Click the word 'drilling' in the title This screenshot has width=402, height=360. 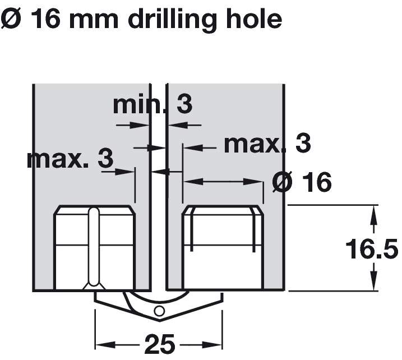point(172,20)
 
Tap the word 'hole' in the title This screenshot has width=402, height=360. point(253,19)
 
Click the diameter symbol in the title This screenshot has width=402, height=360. point(10,19)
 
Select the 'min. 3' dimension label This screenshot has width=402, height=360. point(153,104)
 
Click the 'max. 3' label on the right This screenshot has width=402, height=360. point(267,144)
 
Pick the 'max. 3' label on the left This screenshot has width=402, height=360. point(70,159)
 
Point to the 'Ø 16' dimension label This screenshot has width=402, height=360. point(302,182)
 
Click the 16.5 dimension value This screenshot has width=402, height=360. point(372,248)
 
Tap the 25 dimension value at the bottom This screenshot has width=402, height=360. point(160,344)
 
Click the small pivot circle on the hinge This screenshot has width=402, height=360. point(159,311)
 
